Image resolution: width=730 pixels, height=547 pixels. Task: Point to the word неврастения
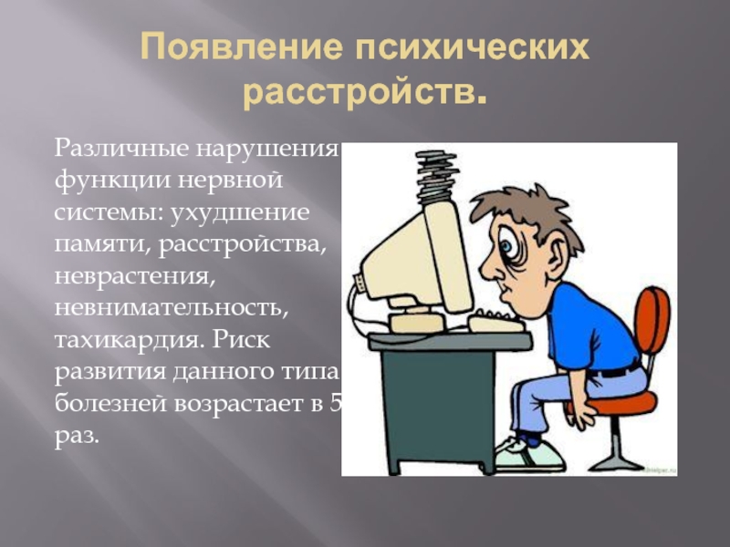coord(135,277)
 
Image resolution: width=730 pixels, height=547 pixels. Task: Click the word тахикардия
coord(130,340)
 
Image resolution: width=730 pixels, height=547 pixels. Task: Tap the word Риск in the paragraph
coord(242,340)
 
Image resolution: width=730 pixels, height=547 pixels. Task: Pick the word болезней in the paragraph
coord(110,403)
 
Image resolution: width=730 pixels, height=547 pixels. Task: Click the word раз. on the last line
coord(77,437)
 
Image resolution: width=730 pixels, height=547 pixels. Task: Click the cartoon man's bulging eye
coord(508,244)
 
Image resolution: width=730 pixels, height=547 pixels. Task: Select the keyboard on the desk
coord(495,323)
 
